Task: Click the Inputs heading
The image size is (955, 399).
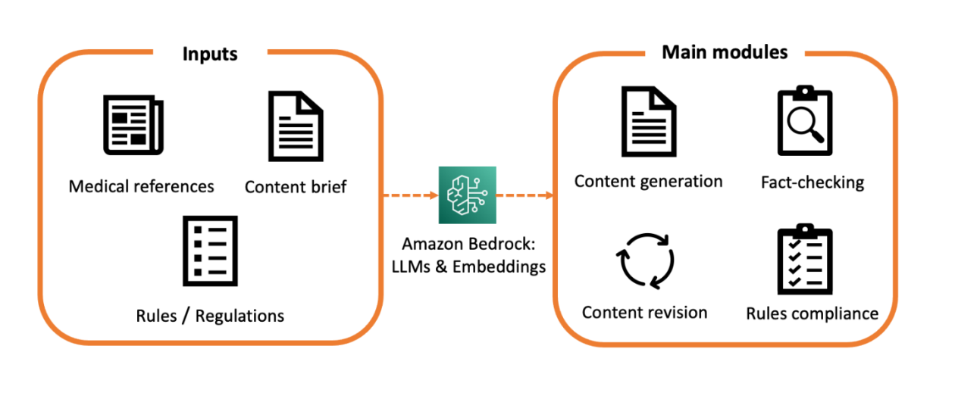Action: pos(210,54)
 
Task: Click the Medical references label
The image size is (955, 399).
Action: pos(142,185)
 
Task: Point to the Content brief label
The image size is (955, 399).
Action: pos(296,186)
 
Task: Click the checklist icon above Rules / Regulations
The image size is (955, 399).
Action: pos(210,251)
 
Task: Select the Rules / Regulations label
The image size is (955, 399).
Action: pos(210,315)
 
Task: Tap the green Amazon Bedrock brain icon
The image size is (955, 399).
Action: pos(467,195)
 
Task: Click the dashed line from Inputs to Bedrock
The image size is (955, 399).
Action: pos(409,196)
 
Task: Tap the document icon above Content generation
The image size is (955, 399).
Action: pos(648,120)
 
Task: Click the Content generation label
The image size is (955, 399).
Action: pos(648,182)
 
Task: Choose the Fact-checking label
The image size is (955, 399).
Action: pos(812,182)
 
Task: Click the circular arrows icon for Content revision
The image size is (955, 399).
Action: pos(644,260)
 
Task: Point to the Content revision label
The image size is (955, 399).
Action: pos(644,313)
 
